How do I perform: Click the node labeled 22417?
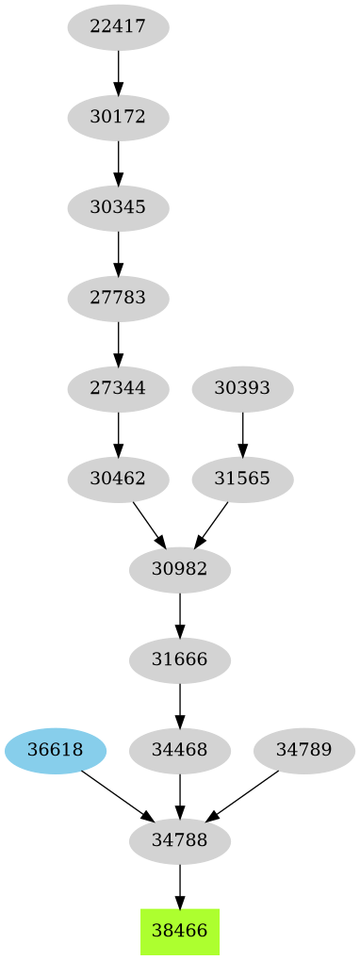[x=118, y=27]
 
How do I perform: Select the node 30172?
[x=118, y=118]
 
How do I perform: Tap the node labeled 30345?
[x=118, y=208]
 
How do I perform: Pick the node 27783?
[x=118, y=299]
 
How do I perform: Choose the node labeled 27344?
[x=118, y=388]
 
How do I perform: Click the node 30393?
[x=242, y=388]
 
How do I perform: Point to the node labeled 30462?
[x=118, y=479]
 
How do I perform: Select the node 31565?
[x=242, y=479]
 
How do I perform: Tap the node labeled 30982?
[x=180, y=569]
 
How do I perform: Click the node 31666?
[x=180, y=659]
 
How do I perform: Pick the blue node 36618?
[x=55, y=750]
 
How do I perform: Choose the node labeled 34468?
[x=180, y=750]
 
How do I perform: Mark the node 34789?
[x=304, y=750]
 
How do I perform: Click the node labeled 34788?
[x=180, y=840]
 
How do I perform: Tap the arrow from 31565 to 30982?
[x=212, y=523]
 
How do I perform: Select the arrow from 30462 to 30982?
[x=148, y=523]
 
